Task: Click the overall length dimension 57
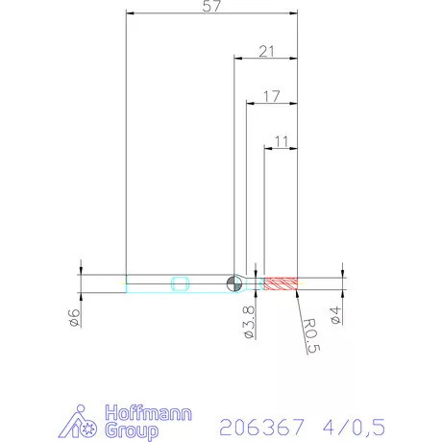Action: (212, 7)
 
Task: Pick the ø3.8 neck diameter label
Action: (249, 321)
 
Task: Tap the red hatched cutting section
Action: (282, 282)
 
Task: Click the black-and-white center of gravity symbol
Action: (233, 282)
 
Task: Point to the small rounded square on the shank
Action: (179, 282)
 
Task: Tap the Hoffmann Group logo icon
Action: (86, 422)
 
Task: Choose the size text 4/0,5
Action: (351, 424)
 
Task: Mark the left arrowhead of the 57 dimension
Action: (131, 12)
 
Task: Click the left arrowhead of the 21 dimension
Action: (238, 58)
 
